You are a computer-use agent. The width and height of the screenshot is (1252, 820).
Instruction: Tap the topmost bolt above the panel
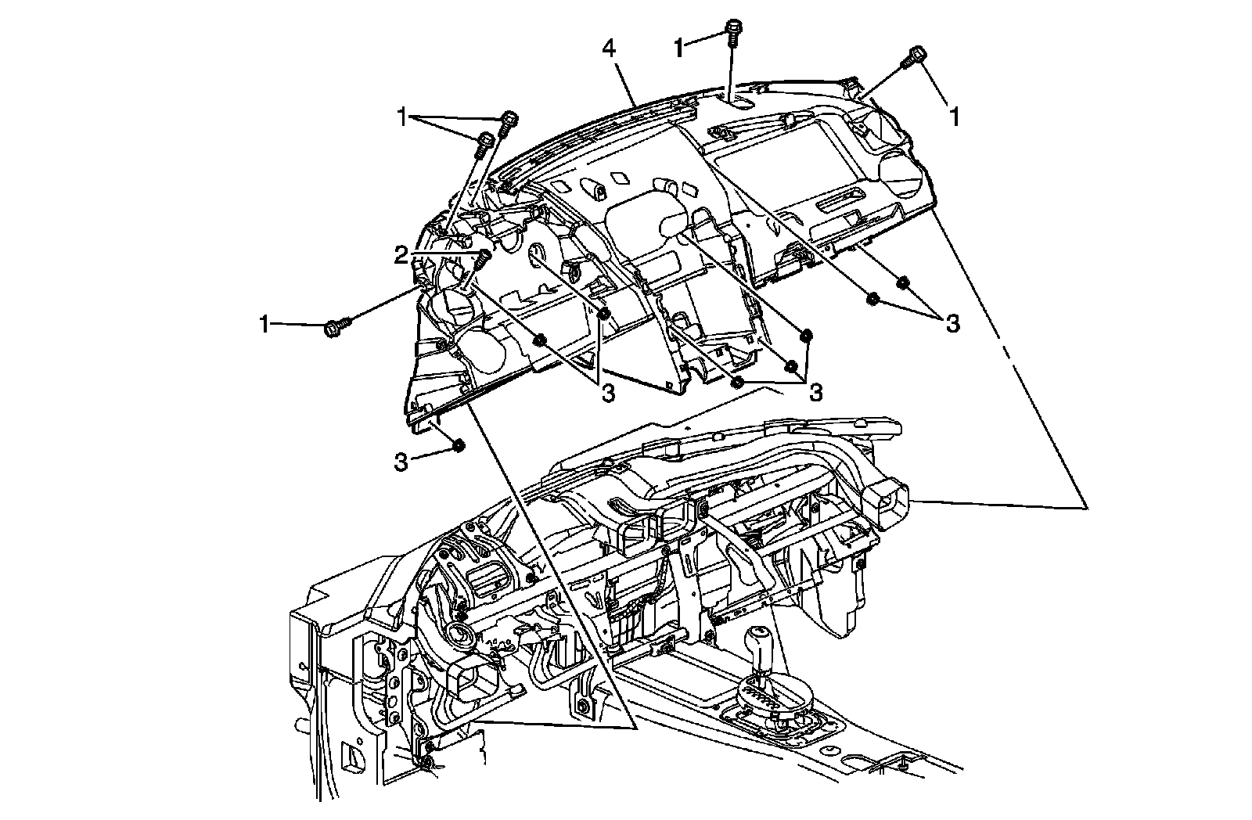[733, 28]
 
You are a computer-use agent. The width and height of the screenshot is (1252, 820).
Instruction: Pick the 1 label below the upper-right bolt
[955, 117]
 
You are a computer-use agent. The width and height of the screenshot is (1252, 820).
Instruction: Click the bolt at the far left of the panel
[334, 325]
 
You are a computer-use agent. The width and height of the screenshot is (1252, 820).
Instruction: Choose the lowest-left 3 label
[401, 462]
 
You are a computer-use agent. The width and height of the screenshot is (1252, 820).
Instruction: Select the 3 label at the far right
[952, 323]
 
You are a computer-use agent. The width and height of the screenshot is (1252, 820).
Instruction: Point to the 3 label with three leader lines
[815, 392]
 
